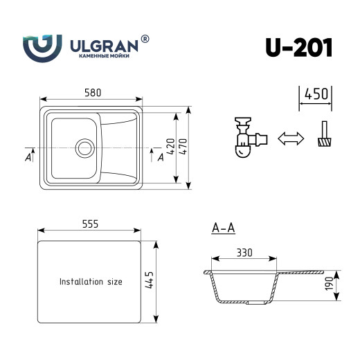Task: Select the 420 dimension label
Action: [169, 147]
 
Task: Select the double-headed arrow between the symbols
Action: [290, 139]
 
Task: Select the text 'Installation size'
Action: [91, 282]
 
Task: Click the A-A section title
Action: [224, 227]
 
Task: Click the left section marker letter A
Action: [28, 157]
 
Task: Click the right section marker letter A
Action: [160, 157]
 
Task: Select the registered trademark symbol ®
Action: [145, 39]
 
